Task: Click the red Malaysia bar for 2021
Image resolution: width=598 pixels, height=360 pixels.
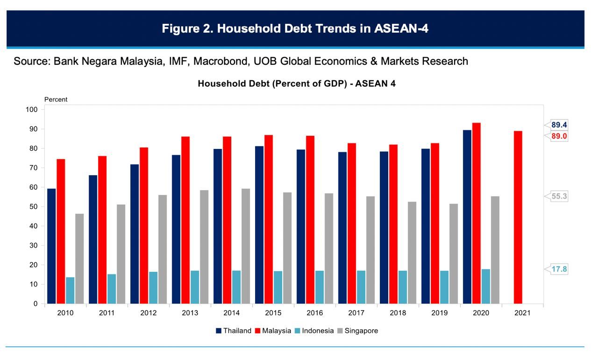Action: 518,217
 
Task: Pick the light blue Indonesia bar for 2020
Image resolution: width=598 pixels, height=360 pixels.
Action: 486,286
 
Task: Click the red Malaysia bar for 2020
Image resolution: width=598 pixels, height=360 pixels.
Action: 477,213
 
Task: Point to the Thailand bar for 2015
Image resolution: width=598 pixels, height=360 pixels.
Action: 259,225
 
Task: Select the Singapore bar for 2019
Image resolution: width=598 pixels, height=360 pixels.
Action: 454,254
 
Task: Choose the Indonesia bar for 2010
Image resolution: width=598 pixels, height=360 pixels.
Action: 70,290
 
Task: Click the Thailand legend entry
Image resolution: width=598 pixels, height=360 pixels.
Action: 233,331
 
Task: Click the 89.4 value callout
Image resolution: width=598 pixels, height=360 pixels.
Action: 559,125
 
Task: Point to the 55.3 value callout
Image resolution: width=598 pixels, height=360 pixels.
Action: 559,197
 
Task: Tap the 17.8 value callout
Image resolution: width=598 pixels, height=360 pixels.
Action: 559,269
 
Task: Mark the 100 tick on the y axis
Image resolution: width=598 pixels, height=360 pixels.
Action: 32,110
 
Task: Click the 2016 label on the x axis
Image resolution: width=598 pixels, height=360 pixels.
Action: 315,313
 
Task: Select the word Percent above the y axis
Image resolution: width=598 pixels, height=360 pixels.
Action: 56,99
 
